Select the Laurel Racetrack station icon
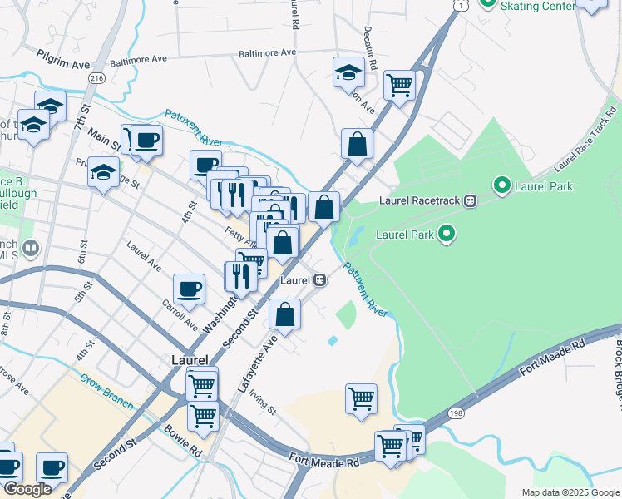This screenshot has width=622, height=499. click(470, 200)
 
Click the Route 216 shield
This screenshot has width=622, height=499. click(97, 77)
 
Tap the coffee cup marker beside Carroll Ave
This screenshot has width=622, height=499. click(190, 289)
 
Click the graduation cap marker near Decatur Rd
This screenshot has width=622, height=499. click(348, 72)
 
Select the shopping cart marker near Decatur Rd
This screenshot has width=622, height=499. click(400, 84)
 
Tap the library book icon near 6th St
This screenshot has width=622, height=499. click(31, 247)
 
